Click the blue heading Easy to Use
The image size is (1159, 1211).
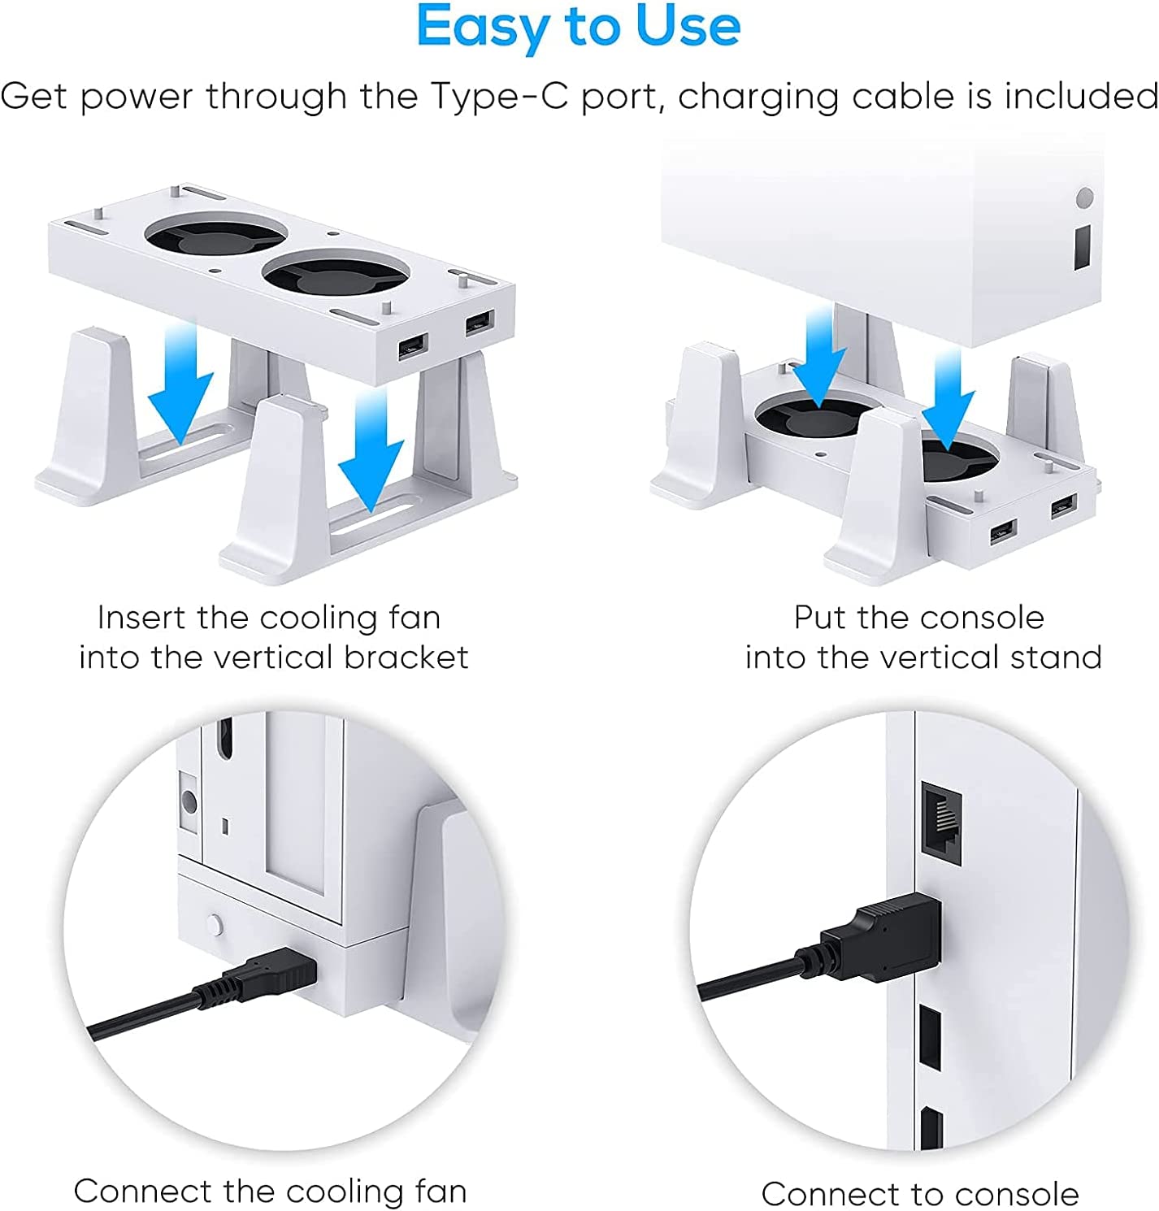578,28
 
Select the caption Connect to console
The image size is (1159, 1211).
919,1194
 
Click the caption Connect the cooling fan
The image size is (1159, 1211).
271,1191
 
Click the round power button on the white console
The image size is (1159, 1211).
1084,197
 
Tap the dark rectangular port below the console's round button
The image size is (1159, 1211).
1083,247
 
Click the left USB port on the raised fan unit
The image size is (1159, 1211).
411,349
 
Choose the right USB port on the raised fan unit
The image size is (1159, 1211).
479,322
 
